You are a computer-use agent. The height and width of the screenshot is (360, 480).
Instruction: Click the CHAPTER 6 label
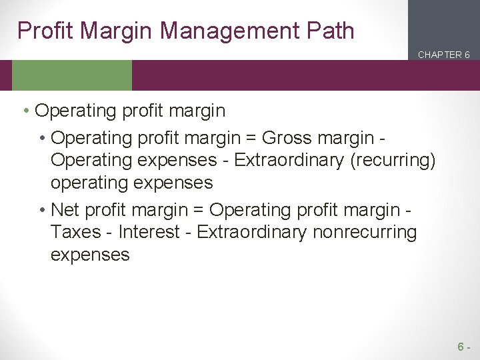coord(444,55)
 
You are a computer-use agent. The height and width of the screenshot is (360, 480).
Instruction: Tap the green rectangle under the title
coord(72,75)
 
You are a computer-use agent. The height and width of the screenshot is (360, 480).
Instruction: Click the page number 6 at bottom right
coord(461,347)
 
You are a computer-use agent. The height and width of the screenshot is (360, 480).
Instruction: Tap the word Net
coord(64,210)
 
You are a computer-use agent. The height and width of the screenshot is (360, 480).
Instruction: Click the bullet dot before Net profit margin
coord(42,211)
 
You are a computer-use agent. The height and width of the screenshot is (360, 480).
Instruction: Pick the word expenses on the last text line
coord(90,254)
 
